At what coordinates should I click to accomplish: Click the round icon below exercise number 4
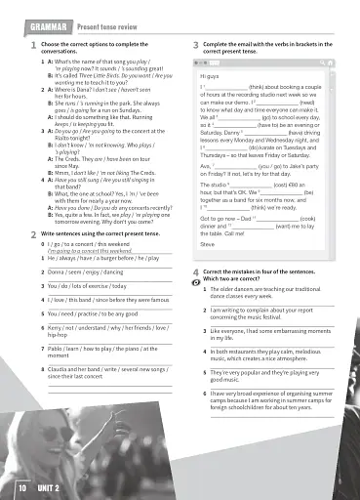tap(195, 279)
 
